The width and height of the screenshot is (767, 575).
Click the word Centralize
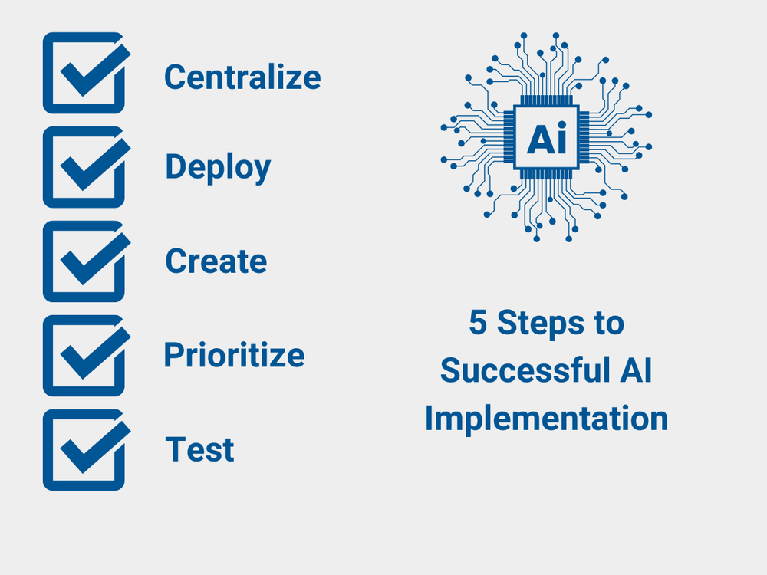[x=242, y=77]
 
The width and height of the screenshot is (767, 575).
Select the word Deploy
[x=218, y=168]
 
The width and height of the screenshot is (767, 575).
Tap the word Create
[x=216, y=261]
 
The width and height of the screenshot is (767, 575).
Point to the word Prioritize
[x=234, y=355]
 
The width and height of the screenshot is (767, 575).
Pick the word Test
[x=199, y=449]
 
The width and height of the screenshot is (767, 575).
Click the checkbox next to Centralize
[x=84, y=73]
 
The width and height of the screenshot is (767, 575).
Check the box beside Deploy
[x=84, y=167]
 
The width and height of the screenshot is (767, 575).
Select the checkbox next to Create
[x=84, y=261]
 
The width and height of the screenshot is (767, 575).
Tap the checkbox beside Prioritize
[x=84, y=356]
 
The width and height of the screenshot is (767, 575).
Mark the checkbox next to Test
[x=84, y=450]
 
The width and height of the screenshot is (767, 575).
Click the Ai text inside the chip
[x=546, y=139]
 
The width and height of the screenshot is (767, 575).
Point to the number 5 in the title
[x=478, y=324]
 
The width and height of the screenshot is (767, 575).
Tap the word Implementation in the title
[x=546, y=419]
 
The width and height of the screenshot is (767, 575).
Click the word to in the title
[x=610, y=324]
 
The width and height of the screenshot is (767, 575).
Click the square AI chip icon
[x=546, y=138]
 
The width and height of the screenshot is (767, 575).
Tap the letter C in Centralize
[x=176, y=77]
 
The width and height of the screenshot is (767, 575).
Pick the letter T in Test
[x=175, y=449]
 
